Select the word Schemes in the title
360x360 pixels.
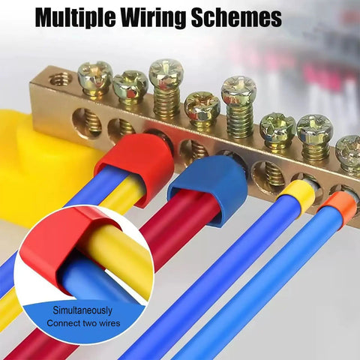click(x=237, y=17)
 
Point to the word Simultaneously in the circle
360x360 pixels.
click(x=82, y=310)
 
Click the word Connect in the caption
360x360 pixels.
click(x=63, y=323)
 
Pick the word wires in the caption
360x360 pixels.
click(x=109, y=323)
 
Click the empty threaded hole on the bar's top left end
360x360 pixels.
click(x=61, y=79)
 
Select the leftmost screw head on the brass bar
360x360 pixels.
click(x=95, y=74)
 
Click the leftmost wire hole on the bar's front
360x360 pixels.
click(x=87, y=123)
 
